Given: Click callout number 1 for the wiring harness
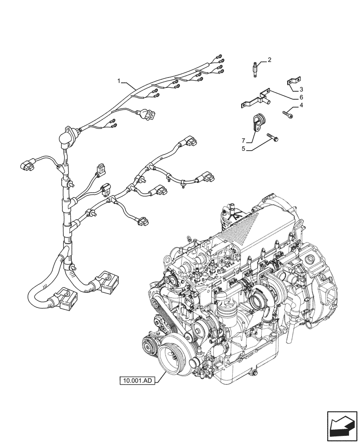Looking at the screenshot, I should [x=119, y=81].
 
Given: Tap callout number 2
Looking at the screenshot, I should [x=269, y=60].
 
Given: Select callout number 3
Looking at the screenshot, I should [x=301, y=89].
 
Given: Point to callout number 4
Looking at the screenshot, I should [x=301, y=105].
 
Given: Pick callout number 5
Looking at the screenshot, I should [x=243, y=150].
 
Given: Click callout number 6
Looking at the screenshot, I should [x=301, y=97].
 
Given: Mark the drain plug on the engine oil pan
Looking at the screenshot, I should [x=254, y=375].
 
